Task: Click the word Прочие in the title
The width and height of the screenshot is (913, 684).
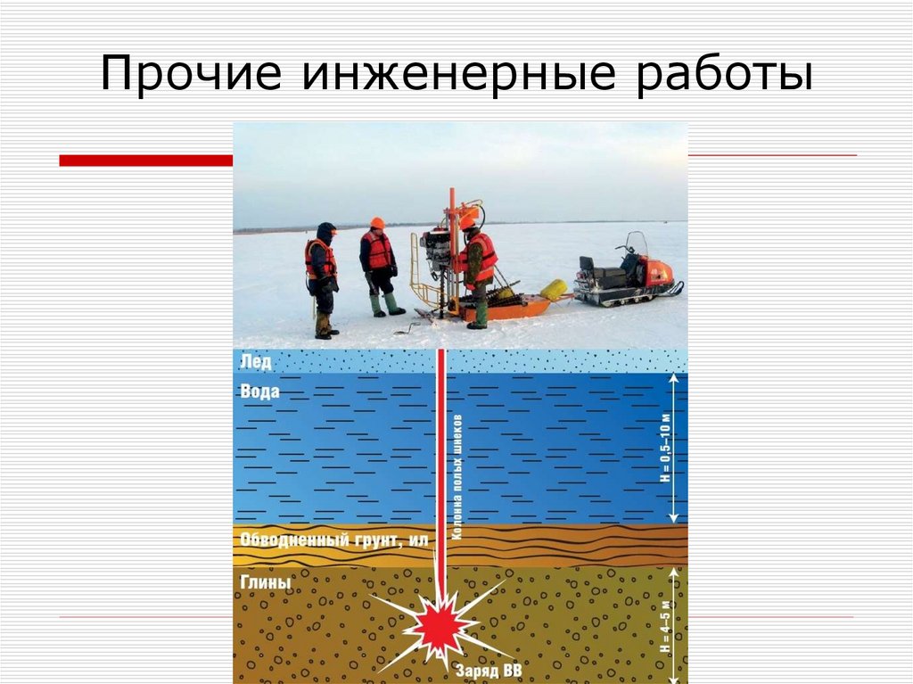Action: pos(191,75)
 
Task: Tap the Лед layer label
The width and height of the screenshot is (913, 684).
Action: pos(255,361)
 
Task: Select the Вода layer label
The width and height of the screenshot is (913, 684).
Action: pos(259,391)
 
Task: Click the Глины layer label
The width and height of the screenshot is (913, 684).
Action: pos(265,582)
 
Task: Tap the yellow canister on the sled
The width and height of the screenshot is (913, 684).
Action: pos(553,289)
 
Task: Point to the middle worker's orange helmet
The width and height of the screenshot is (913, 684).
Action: pos(377,223)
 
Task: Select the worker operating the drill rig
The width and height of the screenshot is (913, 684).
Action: pos(477,268)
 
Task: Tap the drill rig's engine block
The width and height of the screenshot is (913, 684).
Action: pos(437,249)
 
